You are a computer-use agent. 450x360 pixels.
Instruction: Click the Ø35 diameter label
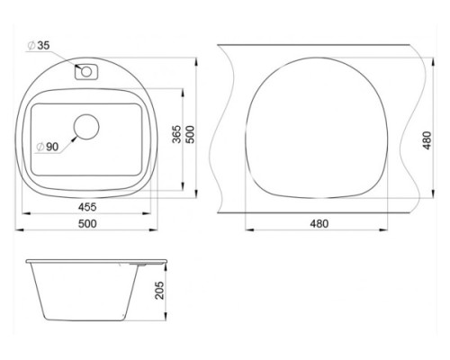38,46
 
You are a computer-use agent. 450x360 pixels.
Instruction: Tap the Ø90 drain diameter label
47,147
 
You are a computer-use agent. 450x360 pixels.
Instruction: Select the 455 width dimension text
87,207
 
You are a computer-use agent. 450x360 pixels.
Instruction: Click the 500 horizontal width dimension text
87,223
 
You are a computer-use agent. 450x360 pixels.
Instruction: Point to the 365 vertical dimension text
177,134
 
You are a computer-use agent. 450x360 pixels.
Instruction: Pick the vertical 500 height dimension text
190,134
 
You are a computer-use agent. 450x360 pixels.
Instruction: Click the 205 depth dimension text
160,290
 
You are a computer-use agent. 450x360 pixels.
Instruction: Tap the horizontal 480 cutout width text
319,223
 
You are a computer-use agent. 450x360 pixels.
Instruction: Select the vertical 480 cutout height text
427,140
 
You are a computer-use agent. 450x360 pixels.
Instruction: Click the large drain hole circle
86,127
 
